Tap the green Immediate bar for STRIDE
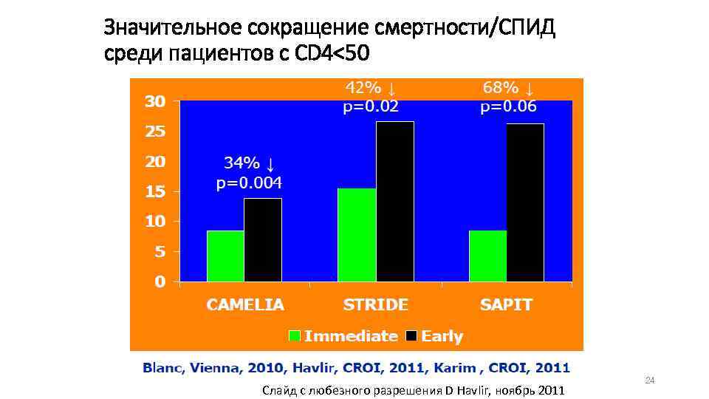pyautogui.click(x=356, y=234)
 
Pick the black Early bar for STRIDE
pyautogui.click(x=394, y=201)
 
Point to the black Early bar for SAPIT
pyautogui.click(x=525, y=202)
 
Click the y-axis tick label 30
pyautogui.click(x=154, y=102)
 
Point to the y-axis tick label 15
pyautogui.click(x=154, y=192)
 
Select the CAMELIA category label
pyautogui.click(x=245, y=304)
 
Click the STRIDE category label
pyautogui.click(x=375, y=304)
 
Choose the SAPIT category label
pyautogui.click(x=506, y=304)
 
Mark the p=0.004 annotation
pyautogui.click(x=249, y=183)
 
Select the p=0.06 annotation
pyautogui.click(x=508, y=106)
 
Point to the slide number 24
pyautogui.click(x=650, y=381)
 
